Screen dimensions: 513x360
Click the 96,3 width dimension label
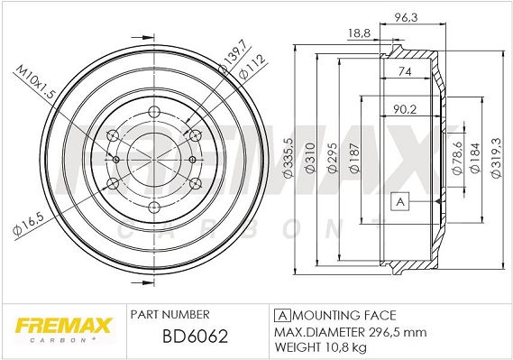click(406, 17)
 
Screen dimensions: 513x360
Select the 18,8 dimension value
click(359, 32)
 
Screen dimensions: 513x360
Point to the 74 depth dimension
click(405, 71)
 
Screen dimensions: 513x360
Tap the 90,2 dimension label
click(405, 109)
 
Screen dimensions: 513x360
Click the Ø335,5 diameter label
click(289, 158)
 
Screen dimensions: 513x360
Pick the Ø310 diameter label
click(310, 158)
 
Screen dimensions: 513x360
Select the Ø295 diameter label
click(332, 158)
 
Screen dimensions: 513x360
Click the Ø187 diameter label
click(354, 158)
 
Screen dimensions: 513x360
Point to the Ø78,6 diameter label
click(457, 158)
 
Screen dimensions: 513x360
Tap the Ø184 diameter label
click(475, 158)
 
